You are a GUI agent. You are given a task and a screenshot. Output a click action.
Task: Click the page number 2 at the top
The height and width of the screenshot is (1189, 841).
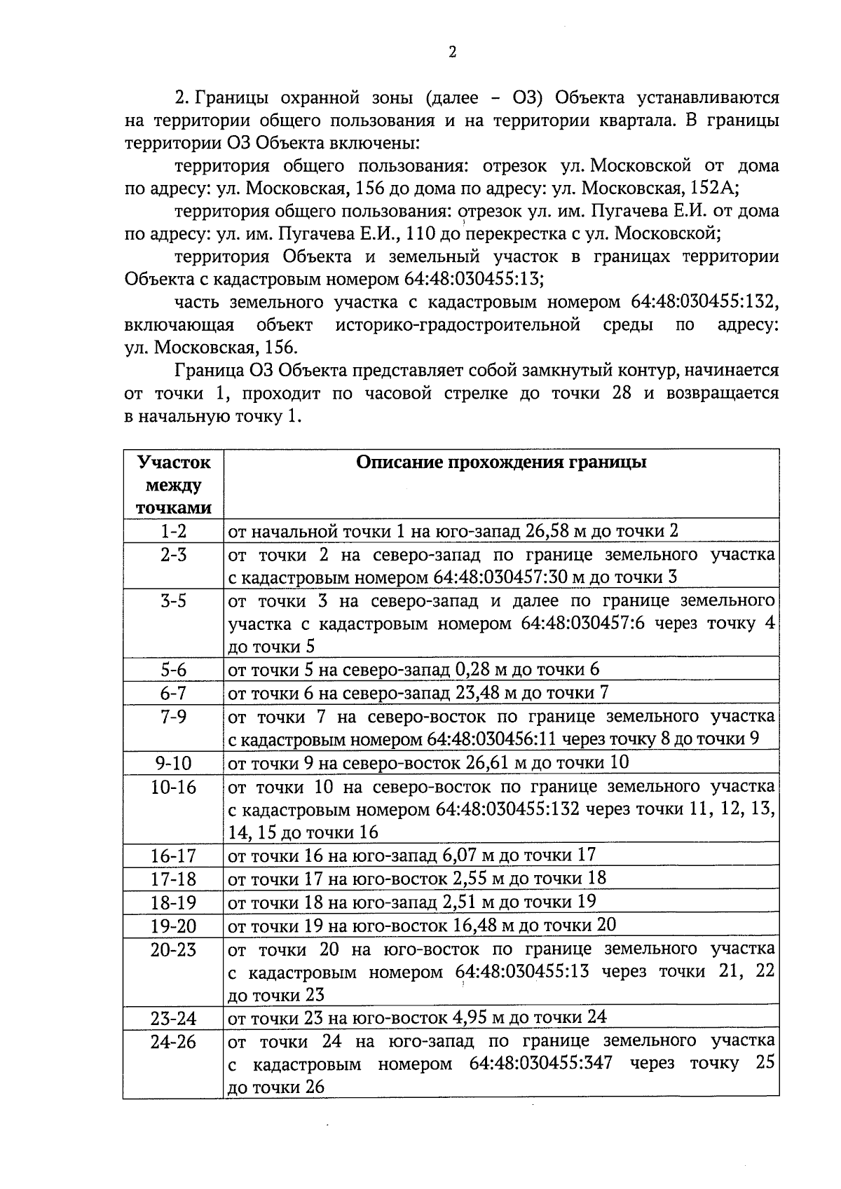(x=452, y=53)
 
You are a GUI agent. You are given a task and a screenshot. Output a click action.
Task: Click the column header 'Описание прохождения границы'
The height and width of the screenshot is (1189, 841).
(x=501, y=462)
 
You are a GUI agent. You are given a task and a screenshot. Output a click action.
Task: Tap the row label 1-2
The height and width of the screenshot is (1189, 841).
(x=173, y=530)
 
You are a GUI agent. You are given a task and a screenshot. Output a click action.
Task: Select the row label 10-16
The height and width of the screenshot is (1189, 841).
(x=173, y=787)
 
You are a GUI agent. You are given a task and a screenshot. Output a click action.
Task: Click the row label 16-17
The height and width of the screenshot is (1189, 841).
(x=173, y=855)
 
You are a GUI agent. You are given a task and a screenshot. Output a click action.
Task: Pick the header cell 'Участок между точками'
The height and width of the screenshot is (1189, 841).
(x=174, y=485)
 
